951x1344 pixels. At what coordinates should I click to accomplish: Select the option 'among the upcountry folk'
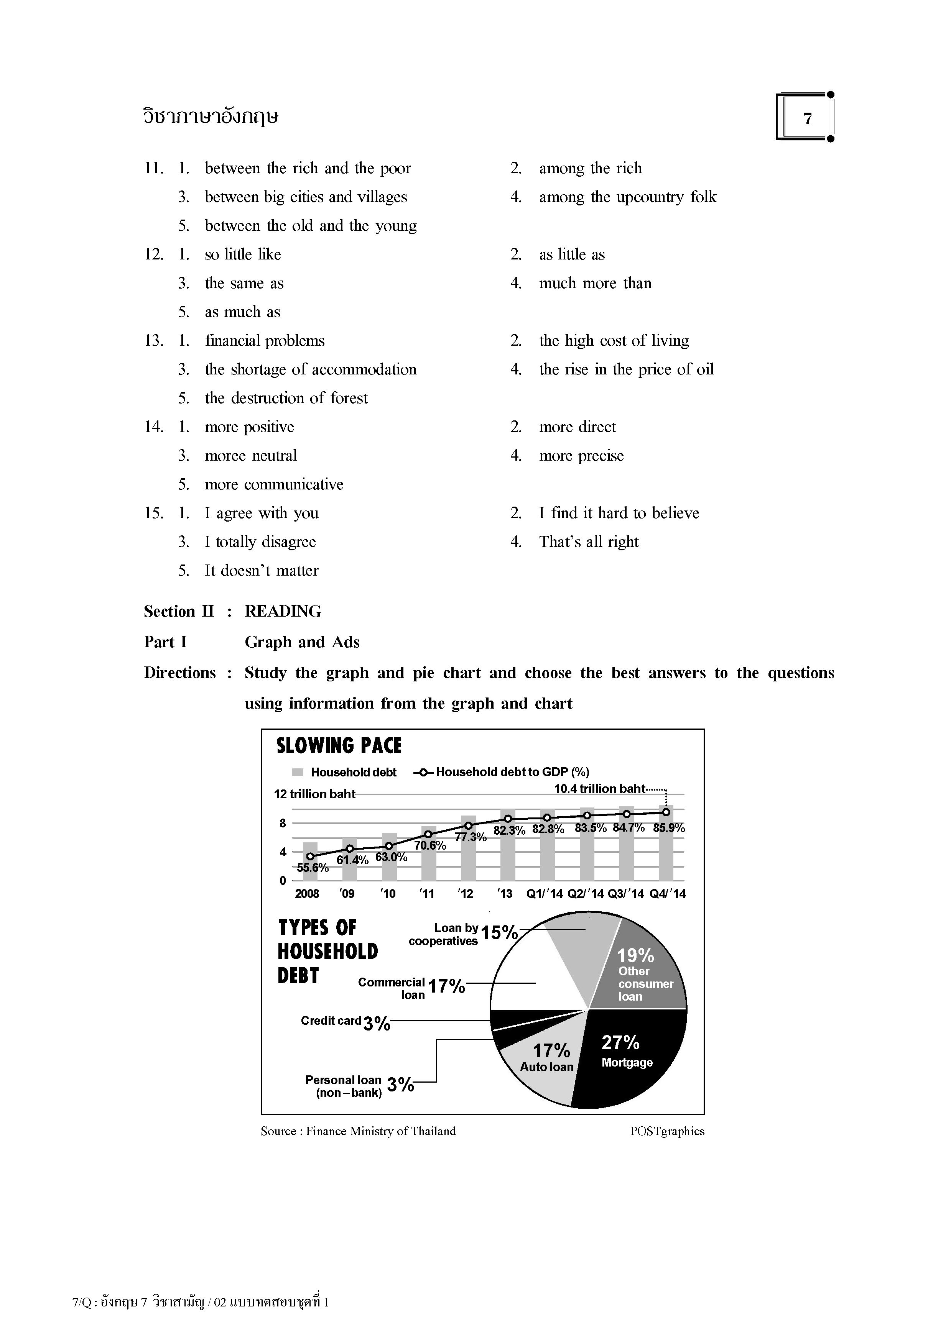627,197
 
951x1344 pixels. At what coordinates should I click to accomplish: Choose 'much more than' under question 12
595,283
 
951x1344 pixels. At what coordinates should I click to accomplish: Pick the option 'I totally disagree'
260,542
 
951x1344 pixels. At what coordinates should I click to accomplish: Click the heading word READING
283,612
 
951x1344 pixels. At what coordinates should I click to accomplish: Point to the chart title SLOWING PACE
339,746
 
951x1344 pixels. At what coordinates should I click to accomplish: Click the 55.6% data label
313,868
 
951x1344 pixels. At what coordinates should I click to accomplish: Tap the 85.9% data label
669,828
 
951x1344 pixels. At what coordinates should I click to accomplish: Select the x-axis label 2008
307,894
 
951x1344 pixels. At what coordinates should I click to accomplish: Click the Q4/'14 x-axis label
668,894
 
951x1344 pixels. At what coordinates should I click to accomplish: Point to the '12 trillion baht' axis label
315,794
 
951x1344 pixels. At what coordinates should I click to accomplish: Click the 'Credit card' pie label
331,1021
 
